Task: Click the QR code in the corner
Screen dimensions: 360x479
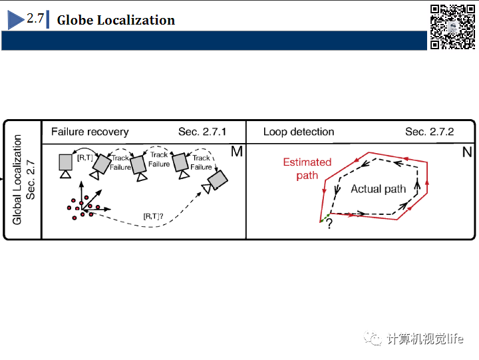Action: pos(452,27)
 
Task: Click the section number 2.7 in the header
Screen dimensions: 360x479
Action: pos(35,19)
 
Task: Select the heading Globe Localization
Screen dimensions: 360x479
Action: pos(116,20)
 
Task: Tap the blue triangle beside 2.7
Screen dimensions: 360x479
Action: pos(16,20)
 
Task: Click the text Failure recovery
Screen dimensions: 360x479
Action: pos(90,132)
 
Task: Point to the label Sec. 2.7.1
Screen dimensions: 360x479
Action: pos(202,132)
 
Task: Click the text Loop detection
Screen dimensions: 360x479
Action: pos(299,132)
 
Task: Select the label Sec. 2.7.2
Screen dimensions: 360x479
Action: pos(429,132)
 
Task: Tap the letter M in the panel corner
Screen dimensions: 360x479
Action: pos(236,152)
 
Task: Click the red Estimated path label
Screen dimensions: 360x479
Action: pos(307,168)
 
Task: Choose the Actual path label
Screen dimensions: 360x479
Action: pos(378,189)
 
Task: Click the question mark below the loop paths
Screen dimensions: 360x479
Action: pos(329,225)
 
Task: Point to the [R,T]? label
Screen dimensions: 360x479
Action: pos(154,216)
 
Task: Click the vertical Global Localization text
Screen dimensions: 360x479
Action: pos(18,179)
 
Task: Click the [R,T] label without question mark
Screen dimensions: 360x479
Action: pos(85,158)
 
